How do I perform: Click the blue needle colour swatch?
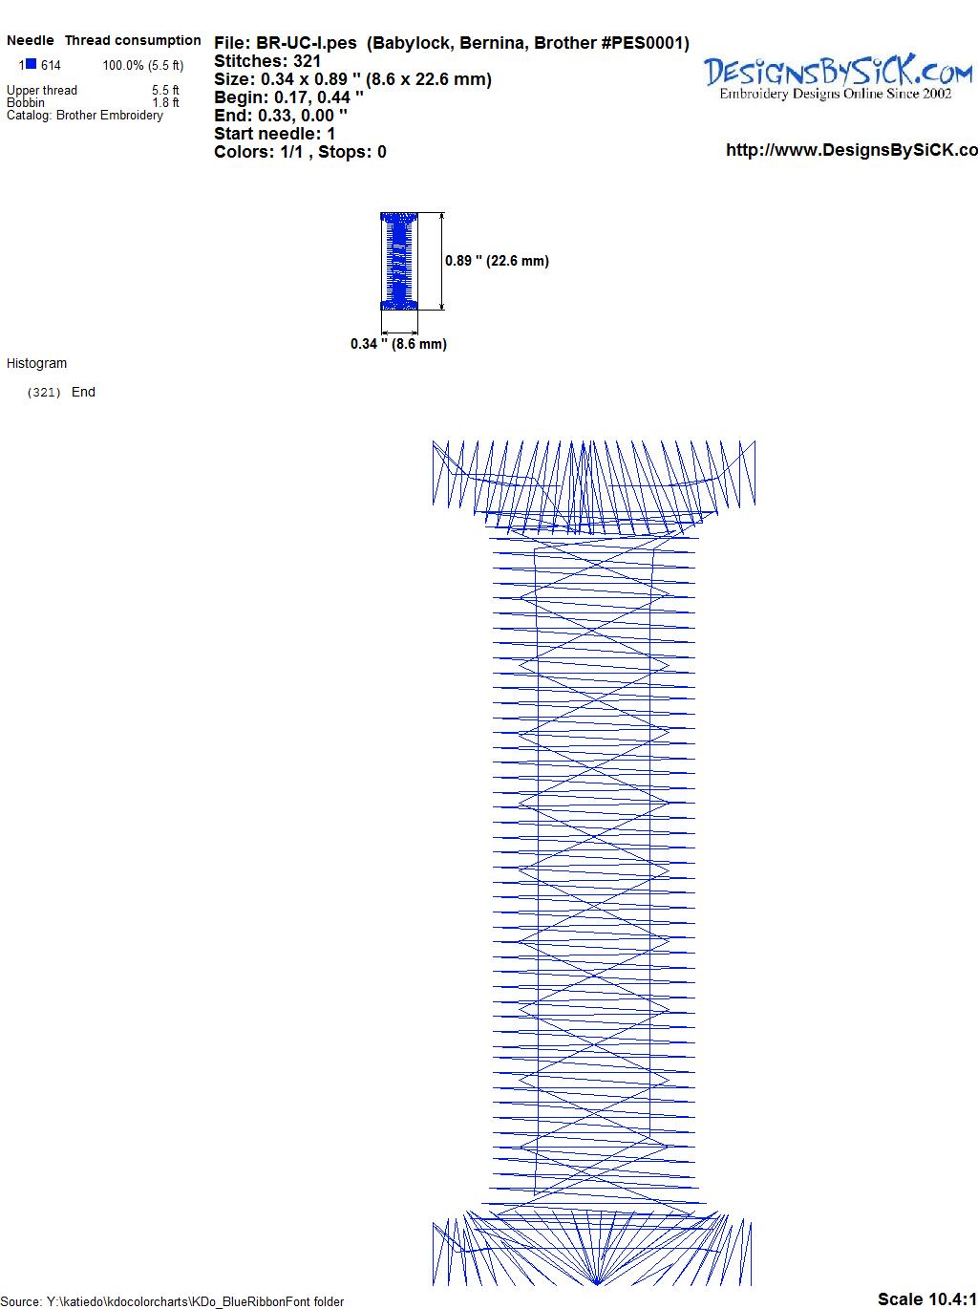point(31,64)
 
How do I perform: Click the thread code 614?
point(51,66)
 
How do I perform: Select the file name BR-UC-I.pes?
point(307,43)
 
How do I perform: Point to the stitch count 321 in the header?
point(307,61)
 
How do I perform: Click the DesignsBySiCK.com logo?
point(838,76)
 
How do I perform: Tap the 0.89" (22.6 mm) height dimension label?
point(497,261)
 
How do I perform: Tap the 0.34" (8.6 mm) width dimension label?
point(398,344)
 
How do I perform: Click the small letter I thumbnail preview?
point(399,261)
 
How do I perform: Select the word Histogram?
point(37,363)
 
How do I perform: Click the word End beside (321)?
point(83,392)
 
